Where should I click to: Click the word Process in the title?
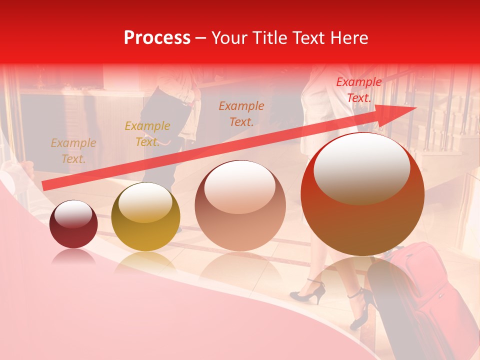(157, 38)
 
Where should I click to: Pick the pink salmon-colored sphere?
(240, 206)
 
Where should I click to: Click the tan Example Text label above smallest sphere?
(73, 151)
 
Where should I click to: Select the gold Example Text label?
(147, 134)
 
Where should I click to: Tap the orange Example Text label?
(241, 113)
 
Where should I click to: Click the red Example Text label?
(358, 90)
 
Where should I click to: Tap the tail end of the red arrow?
(45, 186)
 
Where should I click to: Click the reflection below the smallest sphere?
(73, 257)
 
